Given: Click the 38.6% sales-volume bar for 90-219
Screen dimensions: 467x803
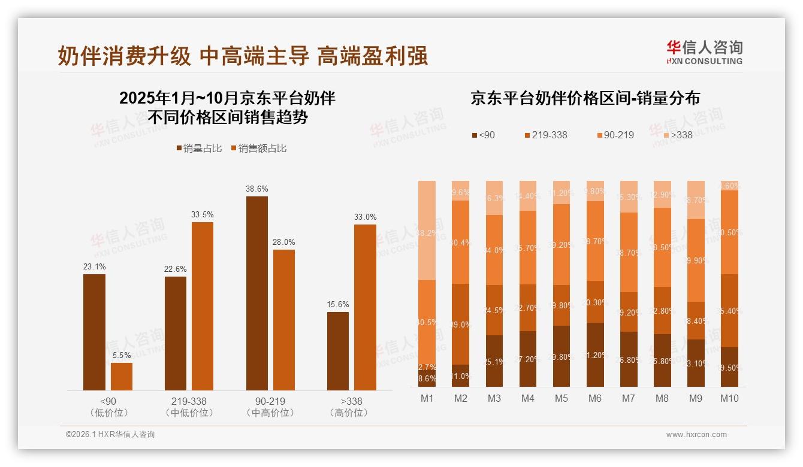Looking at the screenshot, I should [256, 293].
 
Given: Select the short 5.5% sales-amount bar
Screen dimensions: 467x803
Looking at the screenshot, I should [122, 377].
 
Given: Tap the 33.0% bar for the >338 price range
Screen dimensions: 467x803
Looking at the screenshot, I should [365, 307].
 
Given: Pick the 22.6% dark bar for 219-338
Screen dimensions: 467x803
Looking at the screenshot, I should [175, 333].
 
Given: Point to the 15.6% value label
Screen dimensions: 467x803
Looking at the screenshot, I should [338, 304].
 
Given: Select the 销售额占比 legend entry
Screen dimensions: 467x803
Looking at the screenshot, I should [258, 148].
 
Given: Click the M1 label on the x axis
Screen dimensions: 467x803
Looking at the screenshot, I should [427, 398].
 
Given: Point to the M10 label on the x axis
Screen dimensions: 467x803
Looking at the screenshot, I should [729, 398].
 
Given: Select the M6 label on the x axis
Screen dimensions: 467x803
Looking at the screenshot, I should [594, 398].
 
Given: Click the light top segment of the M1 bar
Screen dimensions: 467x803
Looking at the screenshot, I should [427, 231].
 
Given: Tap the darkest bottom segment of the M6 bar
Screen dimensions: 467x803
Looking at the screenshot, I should [594, 355].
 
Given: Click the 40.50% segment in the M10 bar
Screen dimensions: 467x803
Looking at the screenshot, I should [729, 232].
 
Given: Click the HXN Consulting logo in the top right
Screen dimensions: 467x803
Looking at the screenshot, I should [704, 52].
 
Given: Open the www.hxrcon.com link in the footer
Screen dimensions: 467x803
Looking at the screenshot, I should [696, 435].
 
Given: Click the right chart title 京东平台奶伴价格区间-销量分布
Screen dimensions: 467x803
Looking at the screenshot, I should [585, 98].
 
